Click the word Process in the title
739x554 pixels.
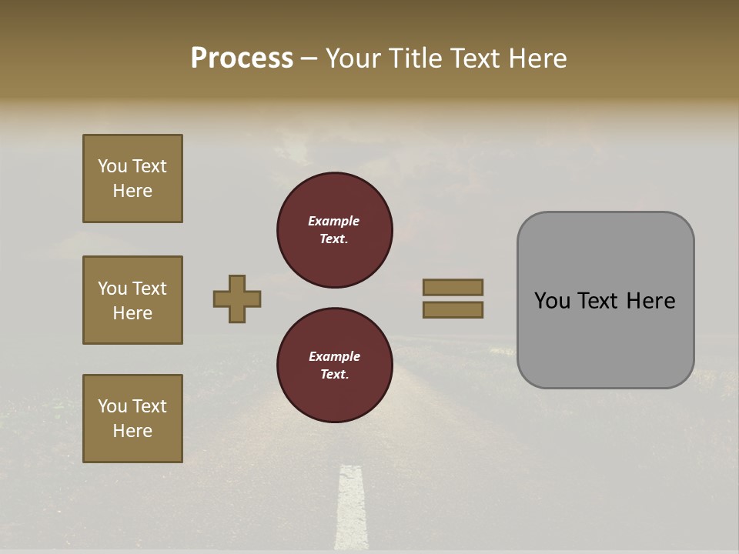click(242, 58)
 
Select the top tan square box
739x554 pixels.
click(132, 179)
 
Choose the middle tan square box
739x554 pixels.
click(132, 300)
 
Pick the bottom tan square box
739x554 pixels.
click(132, 418)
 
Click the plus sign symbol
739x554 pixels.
click(237, 299)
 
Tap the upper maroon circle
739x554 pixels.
click(335, 230)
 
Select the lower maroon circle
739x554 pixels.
click(335, 365)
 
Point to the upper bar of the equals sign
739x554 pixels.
click(453, 287)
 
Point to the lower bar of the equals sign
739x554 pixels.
click(453, 309)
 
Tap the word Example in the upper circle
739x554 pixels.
click(334, 221)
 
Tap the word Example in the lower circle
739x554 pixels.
click(334, 356)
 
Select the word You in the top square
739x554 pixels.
click(112, 166)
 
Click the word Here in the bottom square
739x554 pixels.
click(132, 431)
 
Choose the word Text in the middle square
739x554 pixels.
click(149, 289)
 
